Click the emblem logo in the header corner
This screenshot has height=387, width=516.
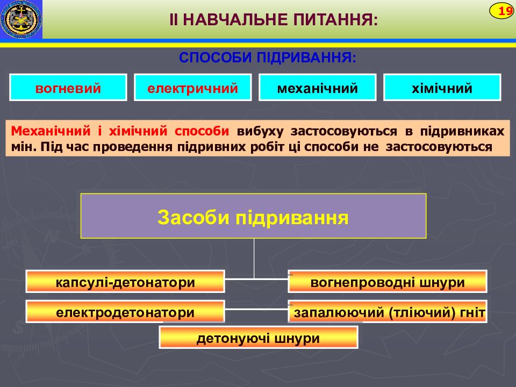21,19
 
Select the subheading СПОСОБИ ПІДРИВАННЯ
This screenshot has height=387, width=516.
268,58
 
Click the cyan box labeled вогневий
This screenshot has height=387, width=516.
68,88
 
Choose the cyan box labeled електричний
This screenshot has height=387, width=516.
193,88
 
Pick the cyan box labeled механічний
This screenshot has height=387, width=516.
318,88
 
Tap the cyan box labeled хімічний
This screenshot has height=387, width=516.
442,88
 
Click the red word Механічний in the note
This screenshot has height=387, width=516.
51,131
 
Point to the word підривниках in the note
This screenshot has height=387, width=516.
462,131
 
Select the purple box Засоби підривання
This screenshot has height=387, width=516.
253,216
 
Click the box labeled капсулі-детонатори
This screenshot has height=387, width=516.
125,282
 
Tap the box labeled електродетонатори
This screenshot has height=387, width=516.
125,311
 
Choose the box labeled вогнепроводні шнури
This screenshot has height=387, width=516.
388,282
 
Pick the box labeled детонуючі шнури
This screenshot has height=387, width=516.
259,338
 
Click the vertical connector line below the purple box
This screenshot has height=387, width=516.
254,259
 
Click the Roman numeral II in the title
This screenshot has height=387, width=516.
174,20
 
